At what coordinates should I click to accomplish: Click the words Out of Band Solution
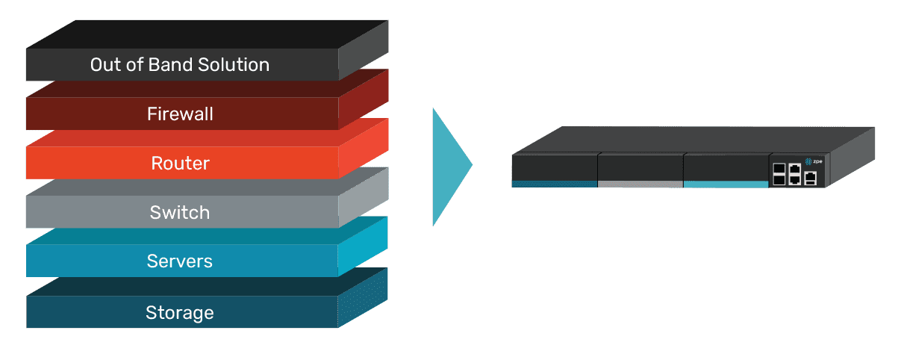(x=179, y=65)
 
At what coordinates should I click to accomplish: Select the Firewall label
(x=180, y=114)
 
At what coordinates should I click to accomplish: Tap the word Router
(x=180, y=164)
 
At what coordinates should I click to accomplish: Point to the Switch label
(x=180, y=213)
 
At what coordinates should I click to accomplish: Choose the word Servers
(x=180, y=261)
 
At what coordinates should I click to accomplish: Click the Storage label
(x=180, y=312)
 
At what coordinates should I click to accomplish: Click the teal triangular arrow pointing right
(x=449, y=166)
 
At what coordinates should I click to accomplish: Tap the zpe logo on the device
(x=813, y=160)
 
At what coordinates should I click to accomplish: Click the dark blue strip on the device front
(x=554, y=183)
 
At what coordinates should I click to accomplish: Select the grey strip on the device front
(x=640, y=183)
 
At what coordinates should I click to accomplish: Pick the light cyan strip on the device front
(x=725, y=183)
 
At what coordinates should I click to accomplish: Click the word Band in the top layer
(x=172, y=65)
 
